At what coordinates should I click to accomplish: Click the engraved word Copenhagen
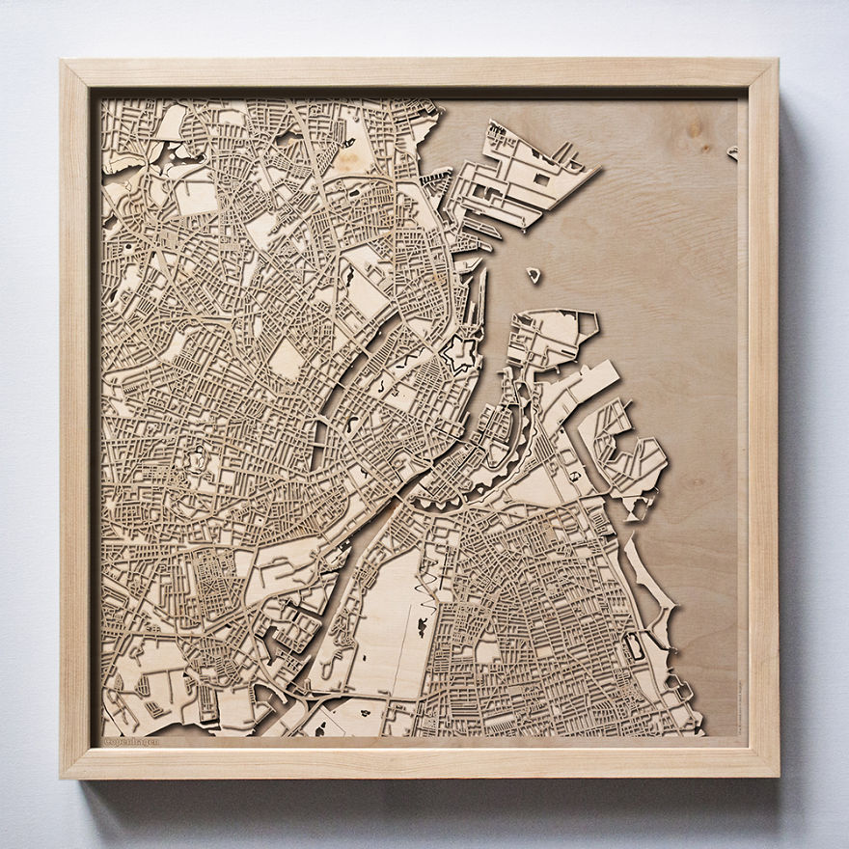tap(131, 741)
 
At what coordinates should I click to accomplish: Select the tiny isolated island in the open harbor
tap(534, 275)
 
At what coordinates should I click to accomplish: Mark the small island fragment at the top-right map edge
tap(733, 152)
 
